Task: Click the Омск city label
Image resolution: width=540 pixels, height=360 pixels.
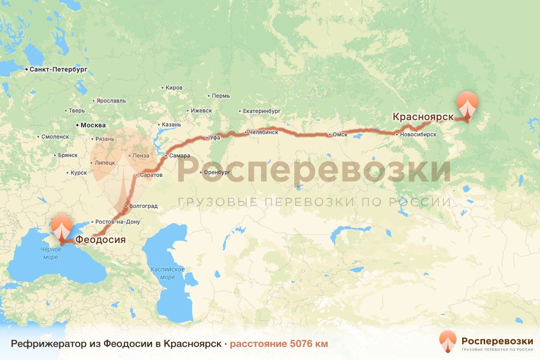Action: tap(340, 135)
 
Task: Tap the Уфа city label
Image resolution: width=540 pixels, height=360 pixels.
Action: tap(215, 137)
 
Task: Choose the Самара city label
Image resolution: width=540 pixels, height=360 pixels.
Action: tap(180, 156)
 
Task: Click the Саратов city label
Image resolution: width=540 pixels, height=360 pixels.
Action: tap(151, 175)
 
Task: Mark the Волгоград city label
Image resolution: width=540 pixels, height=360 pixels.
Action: tap(143, 206)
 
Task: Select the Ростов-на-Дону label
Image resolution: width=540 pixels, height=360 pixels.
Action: tap(118, 222)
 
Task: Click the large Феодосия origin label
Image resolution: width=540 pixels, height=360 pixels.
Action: tap(100, 239)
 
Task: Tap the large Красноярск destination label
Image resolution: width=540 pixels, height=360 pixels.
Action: tap(423, 117)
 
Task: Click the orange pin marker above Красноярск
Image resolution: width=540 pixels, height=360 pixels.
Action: tap(468, 104)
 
